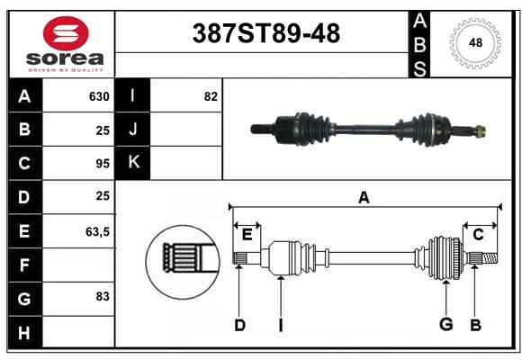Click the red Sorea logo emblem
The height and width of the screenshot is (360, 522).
click(x=66, y=33)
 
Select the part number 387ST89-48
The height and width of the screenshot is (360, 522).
click(x=266, y=33)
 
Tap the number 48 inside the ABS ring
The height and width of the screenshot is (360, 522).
click(x=475, y=42)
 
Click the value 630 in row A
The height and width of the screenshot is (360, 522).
click(x=99, y=96)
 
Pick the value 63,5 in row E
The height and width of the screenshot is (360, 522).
click(x=97, y=232)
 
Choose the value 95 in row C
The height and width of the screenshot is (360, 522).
click(x=103, y=164)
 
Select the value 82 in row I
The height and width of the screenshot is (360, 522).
click(x=211, y=96)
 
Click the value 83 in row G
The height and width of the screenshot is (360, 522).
click(x=103, y=296)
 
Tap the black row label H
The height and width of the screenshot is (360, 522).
click(x=24, y=332)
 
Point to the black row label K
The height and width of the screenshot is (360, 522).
click(x=133, y=163)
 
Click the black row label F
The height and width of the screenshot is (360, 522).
click(x=24, y=265)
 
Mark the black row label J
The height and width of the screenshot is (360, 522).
click(x=133, y=129)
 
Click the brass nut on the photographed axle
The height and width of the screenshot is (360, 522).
click(x=480, y=130)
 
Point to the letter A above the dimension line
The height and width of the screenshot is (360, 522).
click(x=364, y=198)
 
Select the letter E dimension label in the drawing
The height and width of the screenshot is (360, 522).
click(x=247, y=235)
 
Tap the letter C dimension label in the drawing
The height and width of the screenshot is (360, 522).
click(x=478, y=235)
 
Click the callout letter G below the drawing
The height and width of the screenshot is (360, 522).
click(x=446, y=324)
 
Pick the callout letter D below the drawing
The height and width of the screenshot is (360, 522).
click(x=239, y=325)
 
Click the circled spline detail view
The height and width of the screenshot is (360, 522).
click(x=183, y=262)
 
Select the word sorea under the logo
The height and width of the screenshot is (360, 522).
click(x=65, y=58)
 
